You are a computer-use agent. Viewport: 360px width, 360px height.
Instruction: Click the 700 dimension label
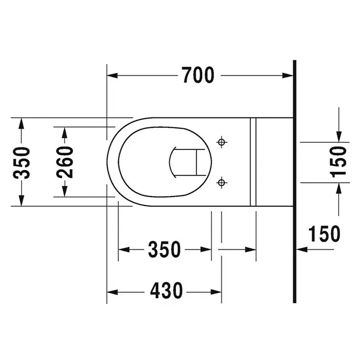(198, 75)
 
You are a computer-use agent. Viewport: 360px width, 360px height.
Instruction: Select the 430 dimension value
(167, 291)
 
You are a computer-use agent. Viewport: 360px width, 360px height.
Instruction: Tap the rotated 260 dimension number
(65, 162)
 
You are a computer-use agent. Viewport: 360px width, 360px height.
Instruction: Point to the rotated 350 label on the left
(21, 163)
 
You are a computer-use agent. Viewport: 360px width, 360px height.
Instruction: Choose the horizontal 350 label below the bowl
(164, 249)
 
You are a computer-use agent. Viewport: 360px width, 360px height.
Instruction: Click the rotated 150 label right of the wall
(338, 162)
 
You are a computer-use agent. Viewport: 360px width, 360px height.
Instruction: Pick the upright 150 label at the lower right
(324, 234)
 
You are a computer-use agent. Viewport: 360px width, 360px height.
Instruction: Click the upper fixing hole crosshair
(221, 142)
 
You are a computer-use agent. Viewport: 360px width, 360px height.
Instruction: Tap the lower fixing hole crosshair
(221, 183)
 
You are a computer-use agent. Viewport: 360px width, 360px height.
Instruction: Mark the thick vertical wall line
(294, 182)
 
